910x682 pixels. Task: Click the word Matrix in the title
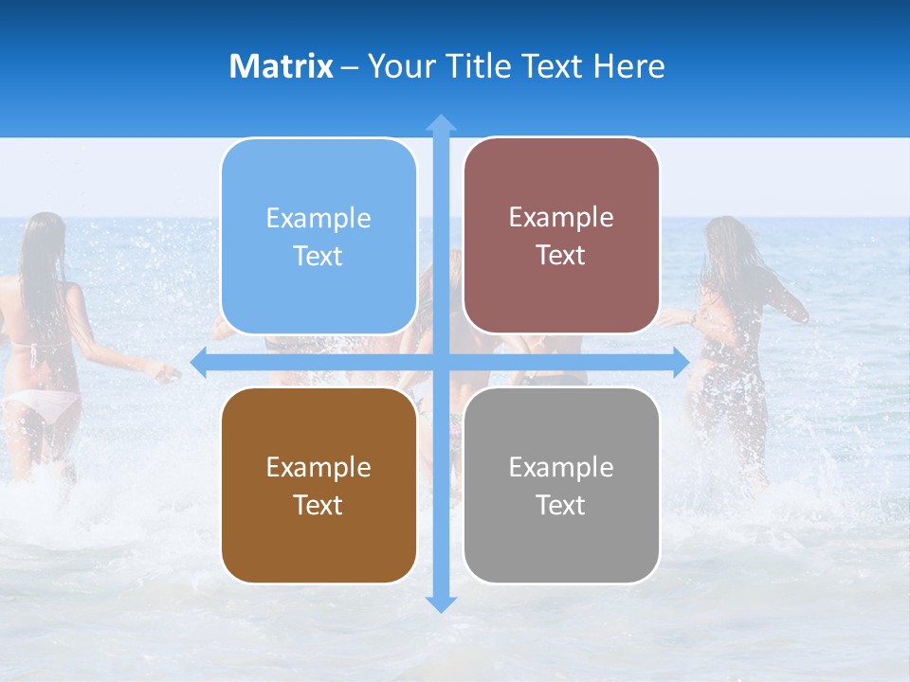281,66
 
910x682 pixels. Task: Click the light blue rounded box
318,236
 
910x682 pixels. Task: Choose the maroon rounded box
561,236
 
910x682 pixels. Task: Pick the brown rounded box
318,485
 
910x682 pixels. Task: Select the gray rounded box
561,485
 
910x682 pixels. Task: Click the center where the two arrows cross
441,362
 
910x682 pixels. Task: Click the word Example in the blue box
318,219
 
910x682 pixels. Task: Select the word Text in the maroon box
561,256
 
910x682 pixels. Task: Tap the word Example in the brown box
318,468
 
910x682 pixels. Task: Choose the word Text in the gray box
561,505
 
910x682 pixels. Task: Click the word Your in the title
399,66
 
